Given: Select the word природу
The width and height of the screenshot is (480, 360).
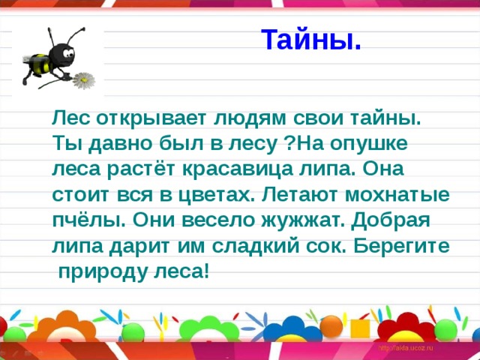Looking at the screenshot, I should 103,270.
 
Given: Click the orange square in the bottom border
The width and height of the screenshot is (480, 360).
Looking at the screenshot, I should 360,328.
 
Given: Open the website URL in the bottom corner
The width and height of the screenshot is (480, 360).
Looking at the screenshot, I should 406,349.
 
